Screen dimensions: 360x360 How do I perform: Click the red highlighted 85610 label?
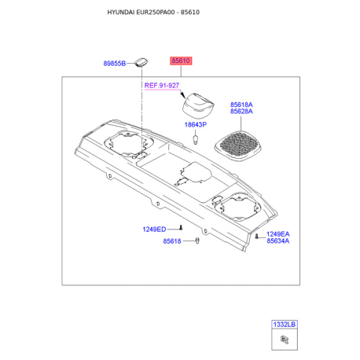[x=181, y=61]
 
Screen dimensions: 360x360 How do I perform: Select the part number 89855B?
[x=115, y=64]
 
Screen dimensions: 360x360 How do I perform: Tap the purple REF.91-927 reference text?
[x=162, y=86]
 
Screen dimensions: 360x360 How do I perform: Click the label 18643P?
[x=196, y=125]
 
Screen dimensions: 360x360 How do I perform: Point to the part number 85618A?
[x=241, y=105]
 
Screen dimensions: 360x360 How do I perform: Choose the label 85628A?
[x=241, y=112]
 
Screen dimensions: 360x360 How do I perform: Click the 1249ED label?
[x=154, y=230]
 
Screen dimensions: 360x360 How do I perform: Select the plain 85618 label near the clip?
[x=172, y=241]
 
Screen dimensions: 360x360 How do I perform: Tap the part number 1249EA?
[x=278, y=234]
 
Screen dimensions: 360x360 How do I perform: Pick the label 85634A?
[x=278, y=241]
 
